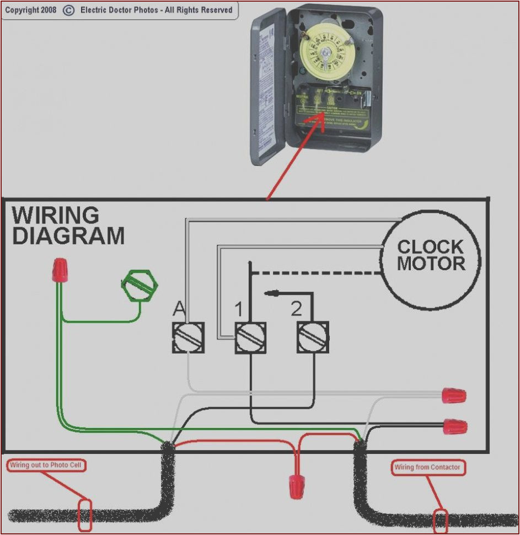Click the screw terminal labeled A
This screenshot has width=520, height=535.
click(x=189, y=338)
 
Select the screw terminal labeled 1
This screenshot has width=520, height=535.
click(x=251, y=338)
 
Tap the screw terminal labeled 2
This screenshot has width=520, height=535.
click(x=313, y=338)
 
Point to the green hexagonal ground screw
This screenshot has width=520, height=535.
click(x=139, y=285)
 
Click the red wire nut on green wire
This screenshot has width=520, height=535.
click(x=59, y=270)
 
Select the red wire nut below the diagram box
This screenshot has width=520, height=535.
click(x=297, y=485)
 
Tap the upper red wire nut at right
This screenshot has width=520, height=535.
click(x=454, y=395)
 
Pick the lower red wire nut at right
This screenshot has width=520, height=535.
click(x=455, y=426)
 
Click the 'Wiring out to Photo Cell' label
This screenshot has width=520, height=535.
click(x=46, y=466)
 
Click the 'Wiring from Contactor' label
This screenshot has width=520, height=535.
click(x=427, y=468)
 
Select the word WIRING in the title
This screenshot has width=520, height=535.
click(x=55, y=215)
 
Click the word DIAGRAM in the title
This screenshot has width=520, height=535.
click(x=68, y=236)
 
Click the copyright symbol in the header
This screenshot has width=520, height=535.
click(x=68, y=10)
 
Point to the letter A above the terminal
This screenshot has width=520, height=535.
click(x=179, y=309)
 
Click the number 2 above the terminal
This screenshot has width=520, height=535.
click(x=297, y=309)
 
